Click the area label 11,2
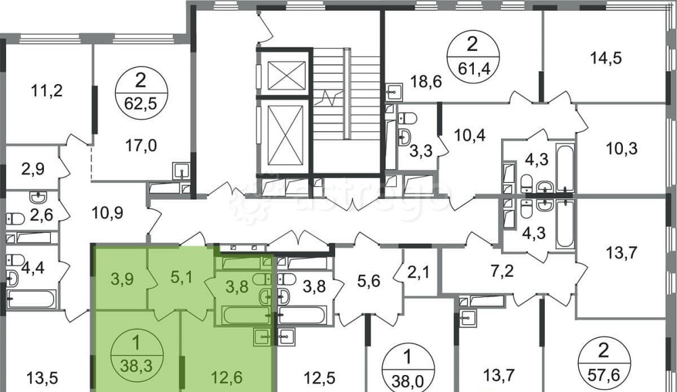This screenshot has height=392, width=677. coord(47,91)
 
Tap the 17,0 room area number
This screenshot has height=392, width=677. coord(141,146)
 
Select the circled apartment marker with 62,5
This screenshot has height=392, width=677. coord(141,91)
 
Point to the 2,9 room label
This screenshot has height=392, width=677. coord(32,169)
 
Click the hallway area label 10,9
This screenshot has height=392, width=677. coord(108,213)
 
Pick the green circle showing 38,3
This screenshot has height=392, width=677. coord(137,355)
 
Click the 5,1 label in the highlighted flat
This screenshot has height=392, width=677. coord(181,277)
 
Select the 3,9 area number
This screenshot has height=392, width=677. coord(122,279)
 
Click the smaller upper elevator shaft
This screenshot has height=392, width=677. coord(286,76)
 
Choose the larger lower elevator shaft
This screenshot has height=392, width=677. coord(286,135)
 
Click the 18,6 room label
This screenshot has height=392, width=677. coord(426,81)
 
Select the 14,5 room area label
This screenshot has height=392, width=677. coord(606,58)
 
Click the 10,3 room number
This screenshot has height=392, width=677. coord(621,148)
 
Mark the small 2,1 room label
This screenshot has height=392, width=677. coord(418,272)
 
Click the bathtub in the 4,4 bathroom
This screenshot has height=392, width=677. coord(32,299)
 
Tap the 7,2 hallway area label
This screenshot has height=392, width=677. coord(502,271)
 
